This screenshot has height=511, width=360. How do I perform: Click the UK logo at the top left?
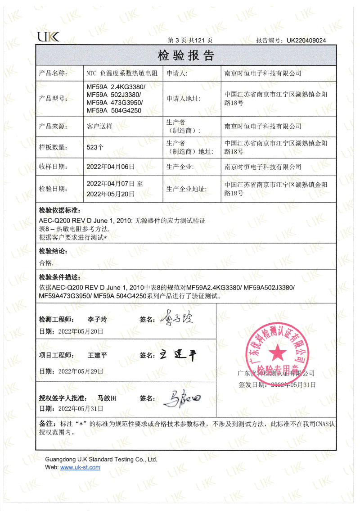click(x=48, y=37)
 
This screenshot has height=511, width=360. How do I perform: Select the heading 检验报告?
click(x=186, y=56)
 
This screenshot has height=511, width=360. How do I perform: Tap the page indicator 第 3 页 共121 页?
click(x=190, y=40)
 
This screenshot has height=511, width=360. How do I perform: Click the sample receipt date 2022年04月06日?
click(x=110, y=167)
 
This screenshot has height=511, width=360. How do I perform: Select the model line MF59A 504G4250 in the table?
click(x=114, y=110)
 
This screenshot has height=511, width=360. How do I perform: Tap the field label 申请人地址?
click(x=183, y=99)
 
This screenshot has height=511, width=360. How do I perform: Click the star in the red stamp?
click(x=277, y=352)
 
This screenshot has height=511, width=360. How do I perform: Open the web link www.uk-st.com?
click(x=80, y=467)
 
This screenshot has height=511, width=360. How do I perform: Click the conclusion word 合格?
click(x=46, y=262)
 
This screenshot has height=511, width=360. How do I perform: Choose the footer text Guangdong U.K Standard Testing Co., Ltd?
click(x=101, y=459)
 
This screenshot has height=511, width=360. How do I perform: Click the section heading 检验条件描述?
click(x=60, y=277)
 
